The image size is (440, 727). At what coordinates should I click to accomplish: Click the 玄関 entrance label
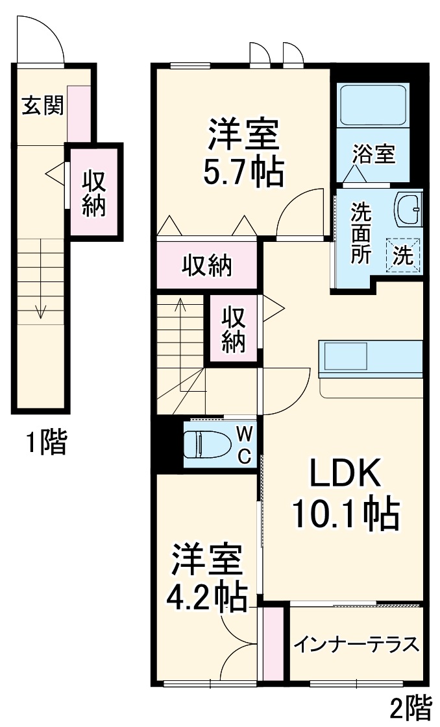pyautogui.click(x=43, y=106)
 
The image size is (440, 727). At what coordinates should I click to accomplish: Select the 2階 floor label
pyautogui.click(x=410, y=709)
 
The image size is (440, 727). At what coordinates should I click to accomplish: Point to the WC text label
pyautogui.click(x=243, y=444)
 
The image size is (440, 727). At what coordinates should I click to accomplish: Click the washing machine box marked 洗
pyautogui.click(x=404, y=255)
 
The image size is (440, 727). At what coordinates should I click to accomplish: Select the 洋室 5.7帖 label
pyautogui.click(x=243, y=154)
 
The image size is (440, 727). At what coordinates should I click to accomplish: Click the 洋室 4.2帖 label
pyautogui.click(x=208, y=577)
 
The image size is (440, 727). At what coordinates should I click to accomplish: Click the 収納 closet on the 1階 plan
pyautogui.click(x=94, y=193)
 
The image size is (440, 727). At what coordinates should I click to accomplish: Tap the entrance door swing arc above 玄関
pyautogui.click(x=41, y=39)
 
